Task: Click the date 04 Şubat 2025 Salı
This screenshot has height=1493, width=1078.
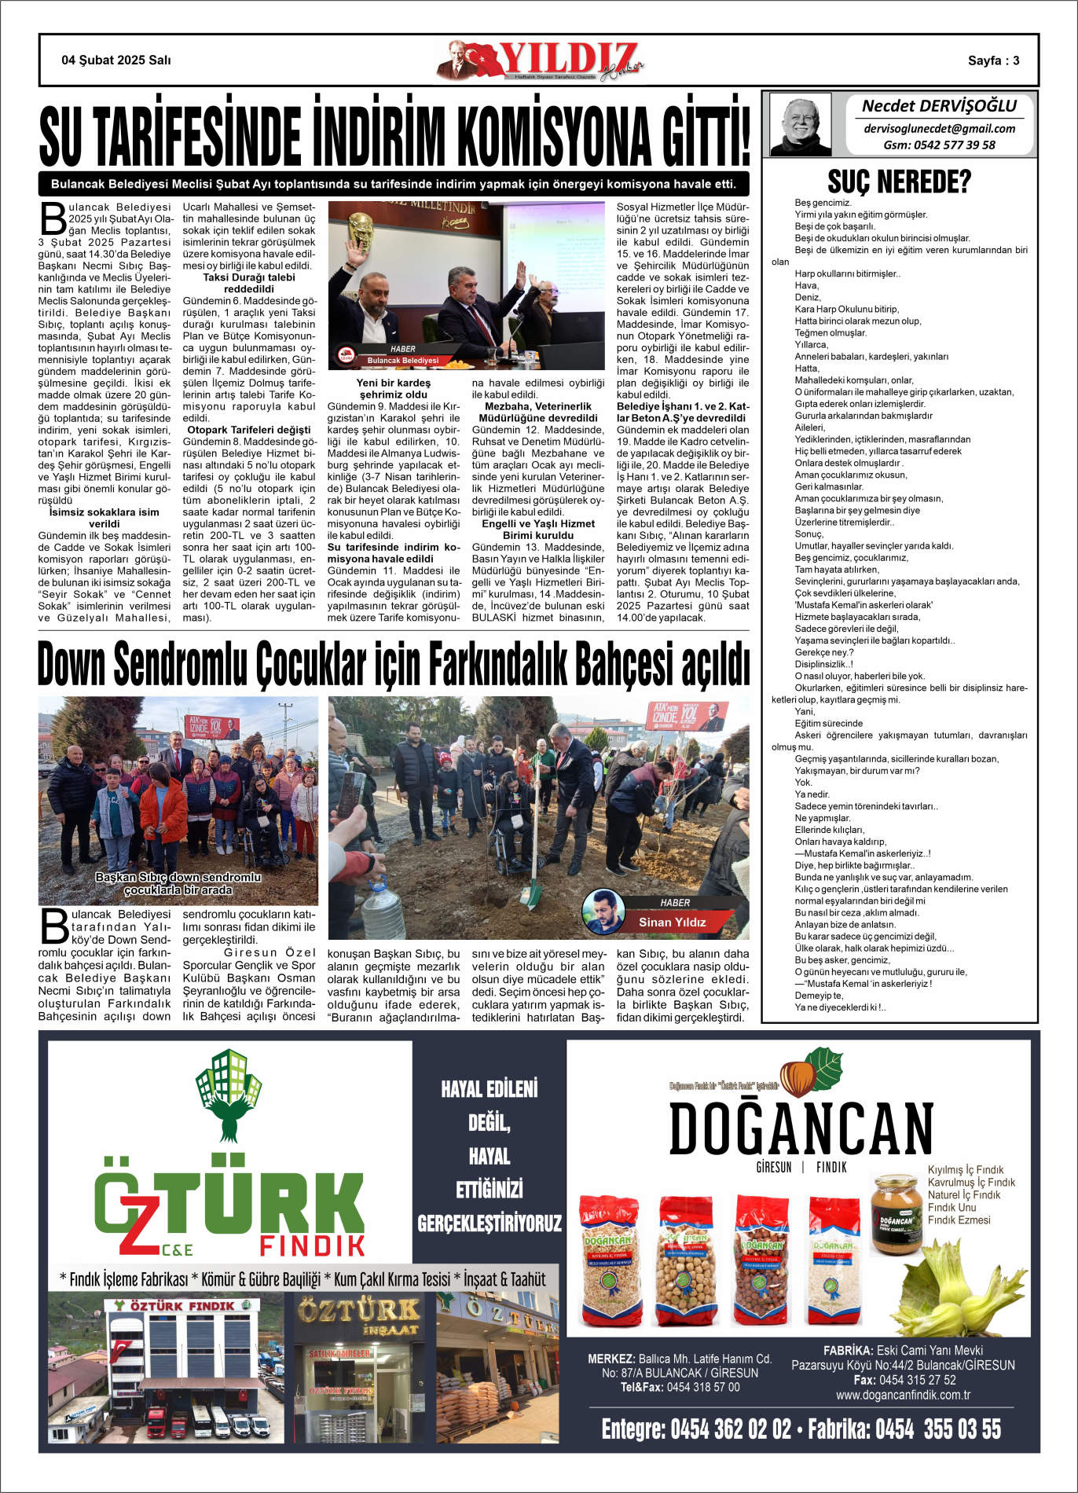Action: [116, 61]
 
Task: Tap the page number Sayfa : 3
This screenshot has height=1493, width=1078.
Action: [993, 61]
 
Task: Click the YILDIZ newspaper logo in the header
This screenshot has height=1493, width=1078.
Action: [541, 61]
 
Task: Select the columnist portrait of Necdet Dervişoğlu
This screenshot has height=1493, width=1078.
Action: [801, 124]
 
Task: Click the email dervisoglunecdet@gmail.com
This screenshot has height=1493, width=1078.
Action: [939, 129]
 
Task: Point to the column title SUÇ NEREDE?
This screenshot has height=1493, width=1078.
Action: [899, 182]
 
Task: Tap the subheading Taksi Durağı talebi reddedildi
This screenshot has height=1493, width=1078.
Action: [249, 283]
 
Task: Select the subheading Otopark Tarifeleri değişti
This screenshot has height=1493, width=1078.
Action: [249, 430]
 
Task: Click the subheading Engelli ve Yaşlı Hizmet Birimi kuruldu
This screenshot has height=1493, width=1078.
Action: [538, 530]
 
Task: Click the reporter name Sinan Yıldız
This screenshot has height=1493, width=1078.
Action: [672, 922]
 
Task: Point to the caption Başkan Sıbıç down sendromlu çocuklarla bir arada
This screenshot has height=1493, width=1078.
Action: [178, 883]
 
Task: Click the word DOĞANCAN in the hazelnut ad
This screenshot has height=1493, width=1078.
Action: [801, 1128]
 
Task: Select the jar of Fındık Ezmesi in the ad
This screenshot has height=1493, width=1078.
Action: [896, 1214]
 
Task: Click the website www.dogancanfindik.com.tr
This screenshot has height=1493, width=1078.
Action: [903, 1395]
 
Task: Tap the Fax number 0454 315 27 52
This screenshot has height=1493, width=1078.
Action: [904, 1380]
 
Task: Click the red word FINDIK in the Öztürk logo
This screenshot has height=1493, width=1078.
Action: [312, 1245]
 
